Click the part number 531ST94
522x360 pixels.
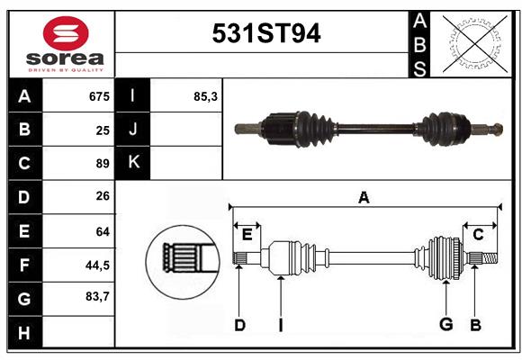[265, 34]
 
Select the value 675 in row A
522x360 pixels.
[98, 96]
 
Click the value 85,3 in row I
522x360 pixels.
[205, 96]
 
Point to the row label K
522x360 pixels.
[132, 163]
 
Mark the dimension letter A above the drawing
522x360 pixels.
[364, 198]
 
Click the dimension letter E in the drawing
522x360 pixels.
[247, 235]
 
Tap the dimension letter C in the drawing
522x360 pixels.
[478, 235]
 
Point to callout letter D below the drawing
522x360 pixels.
[239, 325]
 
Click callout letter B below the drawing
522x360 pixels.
[475, 325]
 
